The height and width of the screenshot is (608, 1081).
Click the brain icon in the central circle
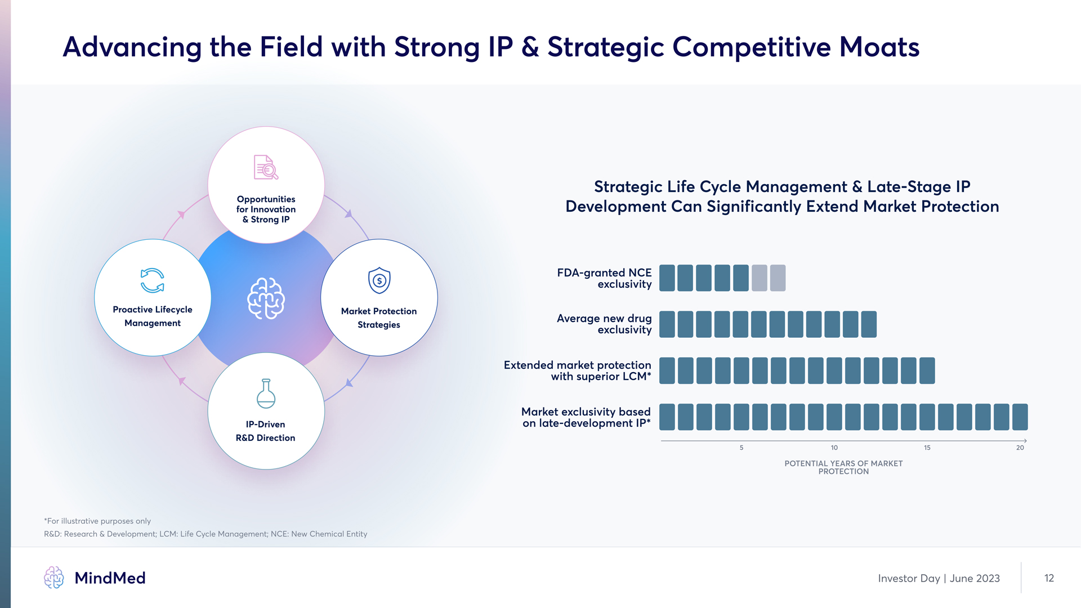pos(266,298)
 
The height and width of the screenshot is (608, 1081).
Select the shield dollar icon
pos(379,280)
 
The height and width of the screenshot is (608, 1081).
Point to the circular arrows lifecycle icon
pos(152,280)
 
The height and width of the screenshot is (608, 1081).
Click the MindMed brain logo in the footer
pos(54,578)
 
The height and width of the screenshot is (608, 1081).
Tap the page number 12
pos(1049,578)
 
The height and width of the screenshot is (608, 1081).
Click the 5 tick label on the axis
pos(741,448)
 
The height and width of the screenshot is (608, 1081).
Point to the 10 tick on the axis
pos(834,448)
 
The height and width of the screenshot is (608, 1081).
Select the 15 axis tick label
pos(927,448)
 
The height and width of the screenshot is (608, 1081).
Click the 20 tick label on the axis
pos(1020,448)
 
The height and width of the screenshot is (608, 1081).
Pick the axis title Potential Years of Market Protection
pos(843,467)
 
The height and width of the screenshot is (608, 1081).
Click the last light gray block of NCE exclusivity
pos(778,278)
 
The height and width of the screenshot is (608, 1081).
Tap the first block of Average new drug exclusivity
pos(667,324)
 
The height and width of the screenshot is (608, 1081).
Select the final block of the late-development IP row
pos(1020,417)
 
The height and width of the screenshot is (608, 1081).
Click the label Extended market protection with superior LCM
pos(577,370)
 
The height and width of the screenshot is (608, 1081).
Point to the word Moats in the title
pos(879,47)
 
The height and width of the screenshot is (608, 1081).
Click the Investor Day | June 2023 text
pos(939,578)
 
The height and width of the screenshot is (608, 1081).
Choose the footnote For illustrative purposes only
pos(97,521)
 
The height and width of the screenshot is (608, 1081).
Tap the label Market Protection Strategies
pos(379,318)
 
